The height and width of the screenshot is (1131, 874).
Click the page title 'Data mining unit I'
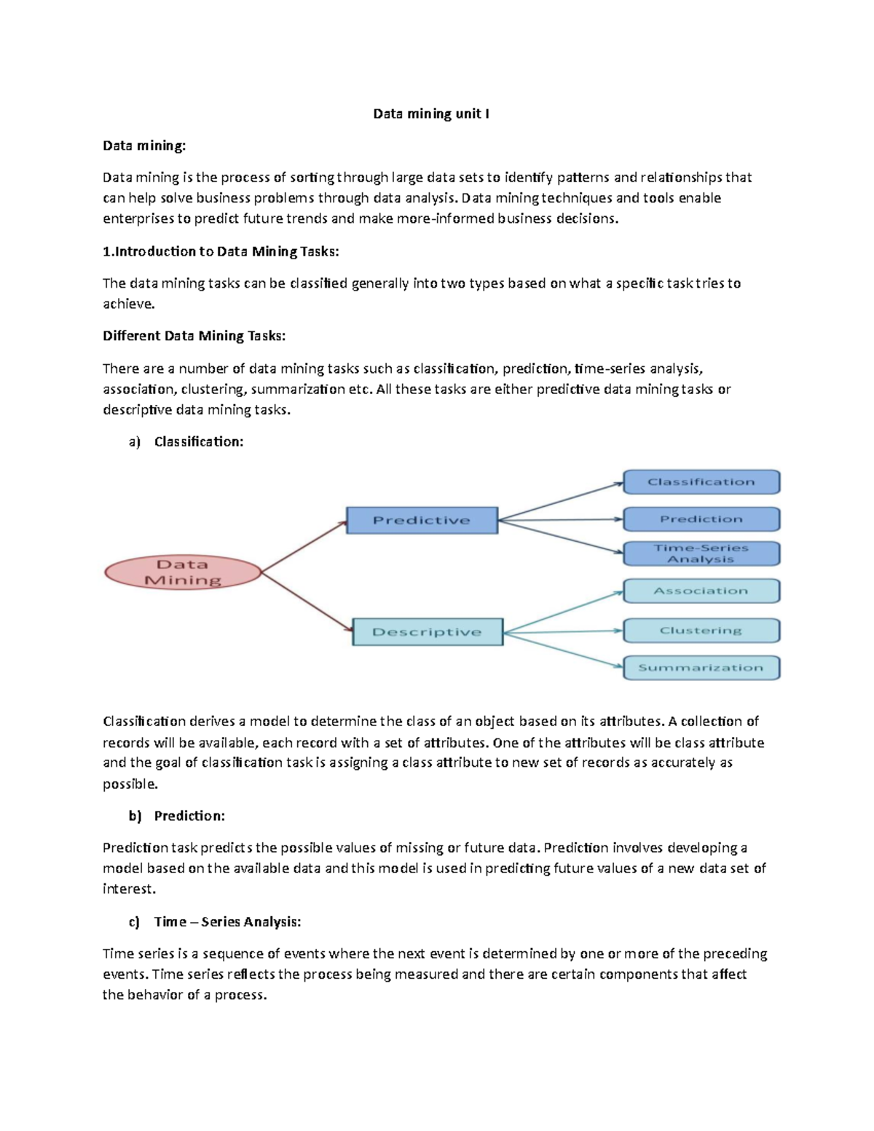[x=431, y=114]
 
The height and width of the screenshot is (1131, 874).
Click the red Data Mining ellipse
[x=183, y=572]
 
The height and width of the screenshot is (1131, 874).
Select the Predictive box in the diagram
[x=422, y=520]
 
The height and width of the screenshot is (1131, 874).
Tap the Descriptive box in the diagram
[x=428, y=631]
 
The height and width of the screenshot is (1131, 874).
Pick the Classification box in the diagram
[x=701, y=482]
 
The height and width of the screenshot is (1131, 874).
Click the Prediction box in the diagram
[x=701, y=519]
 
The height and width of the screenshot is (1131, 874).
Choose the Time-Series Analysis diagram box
[x=701, y=553]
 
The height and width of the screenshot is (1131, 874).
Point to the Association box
[x=701, y=591]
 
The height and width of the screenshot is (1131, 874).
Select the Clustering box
[x=701, y=631]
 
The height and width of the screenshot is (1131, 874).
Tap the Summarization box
[x=701, y=668]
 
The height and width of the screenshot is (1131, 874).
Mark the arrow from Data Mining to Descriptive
[x=306, y=602]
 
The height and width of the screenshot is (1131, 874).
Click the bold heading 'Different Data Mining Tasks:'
[x=194, y=336]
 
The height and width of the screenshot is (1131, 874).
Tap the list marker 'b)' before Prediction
[x=135, y=816]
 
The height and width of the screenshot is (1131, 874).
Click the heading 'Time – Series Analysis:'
[x=227, y=922]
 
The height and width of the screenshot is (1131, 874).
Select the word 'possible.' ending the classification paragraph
[x=130, y=784]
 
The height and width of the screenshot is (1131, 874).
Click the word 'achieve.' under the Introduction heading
[x=129, y=304]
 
